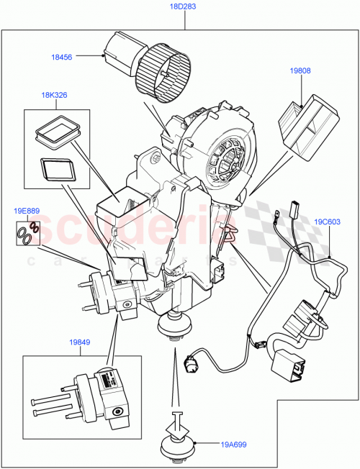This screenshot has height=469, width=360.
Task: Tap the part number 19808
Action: (300, 71)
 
